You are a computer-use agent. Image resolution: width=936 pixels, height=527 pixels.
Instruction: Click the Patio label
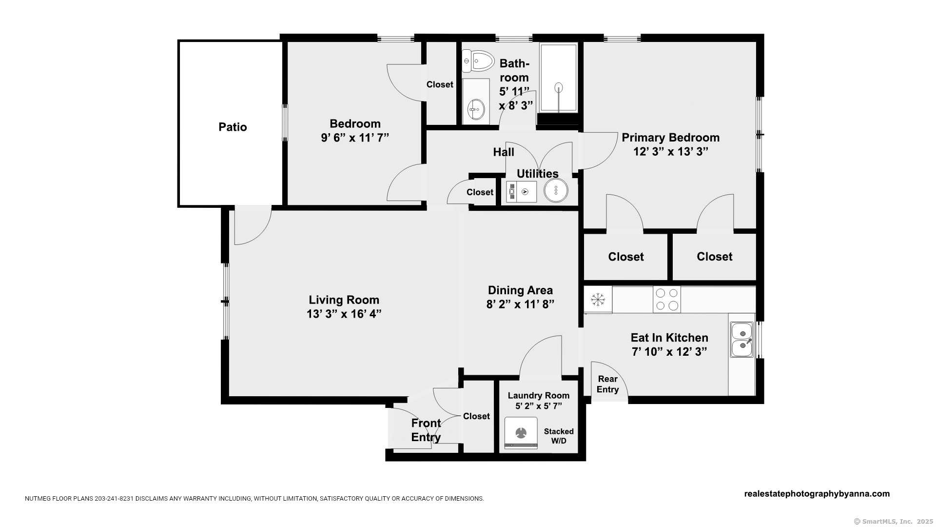[x=233, y=127]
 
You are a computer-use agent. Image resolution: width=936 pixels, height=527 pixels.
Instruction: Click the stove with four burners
[x=667, y=299]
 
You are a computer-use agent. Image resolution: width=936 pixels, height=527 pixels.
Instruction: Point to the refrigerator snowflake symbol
[x=598, y=299]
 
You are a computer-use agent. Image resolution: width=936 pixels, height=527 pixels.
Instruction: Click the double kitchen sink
[x=742, y=340]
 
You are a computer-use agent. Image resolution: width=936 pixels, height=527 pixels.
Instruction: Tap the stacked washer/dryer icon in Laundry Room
[x=521, y=433]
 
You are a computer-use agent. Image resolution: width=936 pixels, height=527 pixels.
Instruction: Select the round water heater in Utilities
[x=556, y=190]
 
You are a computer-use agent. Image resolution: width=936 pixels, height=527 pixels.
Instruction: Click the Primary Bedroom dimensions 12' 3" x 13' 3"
[x=670, y=152]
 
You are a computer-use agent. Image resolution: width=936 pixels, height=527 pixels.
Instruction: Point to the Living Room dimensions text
[x=344, y=314]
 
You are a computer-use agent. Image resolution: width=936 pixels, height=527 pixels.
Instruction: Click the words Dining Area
[x=520, y=290]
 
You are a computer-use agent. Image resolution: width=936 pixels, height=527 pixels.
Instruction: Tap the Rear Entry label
[x=607, y=384]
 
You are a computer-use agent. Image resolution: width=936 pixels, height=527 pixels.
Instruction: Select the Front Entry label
[x=426, y=430]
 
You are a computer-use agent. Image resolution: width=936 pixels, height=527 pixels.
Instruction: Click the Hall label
[x=504, y=152]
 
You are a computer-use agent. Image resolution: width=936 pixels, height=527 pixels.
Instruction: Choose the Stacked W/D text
[x=559, y=436]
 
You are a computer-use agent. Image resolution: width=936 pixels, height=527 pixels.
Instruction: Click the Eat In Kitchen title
[x=669, y=338]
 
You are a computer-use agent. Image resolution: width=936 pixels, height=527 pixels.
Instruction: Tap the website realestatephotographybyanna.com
[x=817, y=494]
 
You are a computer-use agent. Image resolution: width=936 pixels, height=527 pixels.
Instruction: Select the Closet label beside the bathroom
[x=440, y=85]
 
